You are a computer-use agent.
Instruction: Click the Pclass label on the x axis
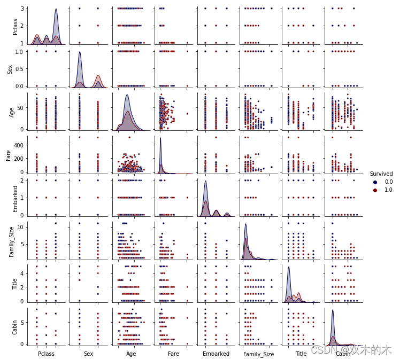46,354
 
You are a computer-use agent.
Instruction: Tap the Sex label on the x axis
89,354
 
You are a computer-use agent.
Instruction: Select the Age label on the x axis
131,354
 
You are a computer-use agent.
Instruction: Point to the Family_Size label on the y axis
11,241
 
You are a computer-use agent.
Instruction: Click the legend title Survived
381,174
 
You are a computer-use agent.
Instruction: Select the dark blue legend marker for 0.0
375,182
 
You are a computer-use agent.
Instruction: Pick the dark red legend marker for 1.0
375,190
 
